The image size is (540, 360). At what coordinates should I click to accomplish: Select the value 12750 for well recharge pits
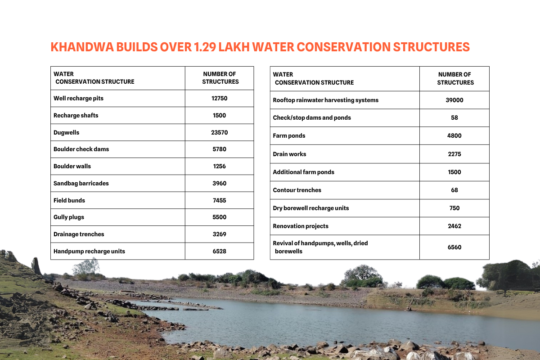220,98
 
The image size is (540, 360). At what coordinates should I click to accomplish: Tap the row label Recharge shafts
76,115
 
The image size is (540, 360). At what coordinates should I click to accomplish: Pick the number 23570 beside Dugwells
220,132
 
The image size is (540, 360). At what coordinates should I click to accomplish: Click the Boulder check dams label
81,149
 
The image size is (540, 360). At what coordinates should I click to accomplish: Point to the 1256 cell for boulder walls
220,166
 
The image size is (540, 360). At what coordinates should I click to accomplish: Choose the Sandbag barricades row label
81,183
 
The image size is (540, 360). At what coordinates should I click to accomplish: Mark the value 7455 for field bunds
220,200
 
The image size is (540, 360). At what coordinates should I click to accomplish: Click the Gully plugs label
69,217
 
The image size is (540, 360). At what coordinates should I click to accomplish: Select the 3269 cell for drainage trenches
220,234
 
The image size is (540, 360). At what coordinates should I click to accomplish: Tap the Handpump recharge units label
89,251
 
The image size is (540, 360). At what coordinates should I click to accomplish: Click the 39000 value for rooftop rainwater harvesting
454,100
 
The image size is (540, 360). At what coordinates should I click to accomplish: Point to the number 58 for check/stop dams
454,117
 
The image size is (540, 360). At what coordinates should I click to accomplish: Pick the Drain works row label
289,154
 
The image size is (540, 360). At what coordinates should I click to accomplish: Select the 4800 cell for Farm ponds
454,135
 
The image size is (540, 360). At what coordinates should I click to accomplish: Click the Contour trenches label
297,190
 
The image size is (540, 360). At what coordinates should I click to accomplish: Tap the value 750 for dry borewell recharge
454,208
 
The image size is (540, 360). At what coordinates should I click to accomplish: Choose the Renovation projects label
301,226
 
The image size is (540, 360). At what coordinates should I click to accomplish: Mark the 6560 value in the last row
454,247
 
